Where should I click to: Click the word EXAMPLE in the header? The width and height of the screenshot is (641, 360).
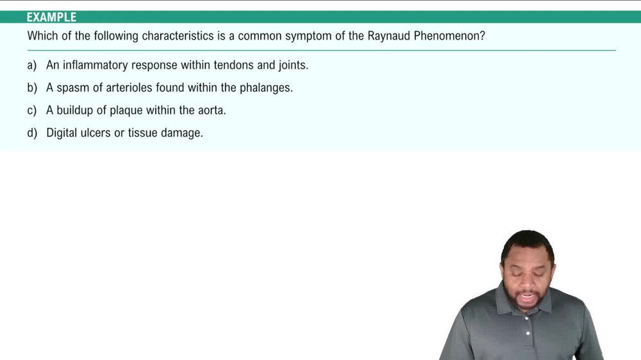pos(51,17)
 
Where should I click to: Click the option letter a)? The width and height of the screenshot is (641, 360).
pos(32,65)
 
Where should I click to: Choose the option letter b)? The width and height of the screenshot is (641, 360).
pos(32,88)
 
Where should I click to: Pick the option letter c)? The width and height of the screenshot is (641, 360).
pos(32,110)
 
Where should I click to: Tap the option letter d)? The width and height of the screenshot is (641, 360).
pos(32,133)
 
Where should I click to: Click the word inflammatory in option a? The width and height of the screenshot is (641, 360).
pos(96,65)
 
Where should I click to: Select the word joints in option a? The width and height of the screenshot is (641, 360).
pos(292,65)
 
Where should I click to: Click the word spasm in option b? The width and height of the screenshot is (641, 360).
pos(74,88)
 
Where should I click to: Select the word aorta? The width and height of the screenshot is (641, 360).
pos(211,110)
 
